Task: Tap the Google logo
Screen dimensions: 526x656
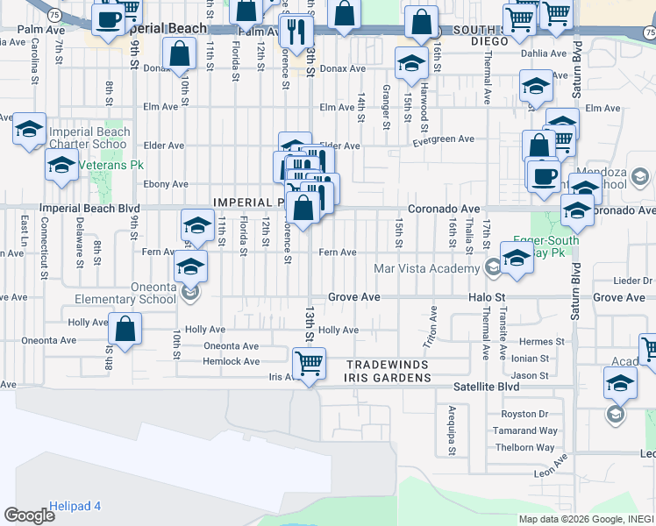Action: [x=29, y=515]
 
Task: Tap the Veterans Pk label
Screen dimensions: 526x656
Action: [x=111, y=165]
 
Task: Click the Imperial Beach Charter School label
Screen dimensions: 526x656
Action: [x=89, y=139]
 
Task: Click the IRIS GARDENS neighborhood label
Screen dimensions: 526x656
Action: [x=389, y=378]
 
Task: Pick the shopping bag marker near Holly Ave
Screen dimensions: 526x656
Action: [x=125, y=331]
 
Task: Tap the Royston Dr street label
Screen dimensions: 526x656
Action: [x=524, y=414]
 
